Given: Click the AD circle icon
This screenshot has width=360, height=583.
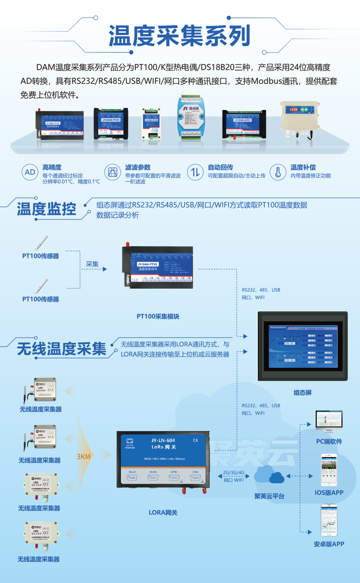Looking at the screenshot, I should (30, 172).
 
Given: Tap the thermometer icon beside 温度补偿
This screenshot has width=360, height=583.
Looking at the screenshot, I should (278, 172).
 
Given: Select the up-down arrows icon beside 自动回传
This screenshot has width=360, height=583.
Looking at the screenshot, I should (195, 172).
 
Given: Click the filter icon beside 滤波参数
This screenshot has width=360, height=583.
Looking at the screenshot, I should (113, 172).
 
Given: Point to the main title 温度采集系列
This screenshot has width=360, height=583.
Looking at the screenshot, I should (180, 36).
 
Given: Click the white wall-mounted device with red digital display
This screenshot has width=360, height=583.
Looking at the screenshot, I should (300, 117).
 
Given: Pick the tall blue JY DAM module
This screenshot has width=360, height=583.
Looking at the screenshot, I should (190, 117).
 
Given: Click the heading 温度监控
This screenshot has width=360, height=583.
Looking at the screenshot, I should (47, 209).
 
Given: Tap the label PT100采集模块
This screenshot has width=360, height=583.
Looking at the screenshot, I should (158, 317).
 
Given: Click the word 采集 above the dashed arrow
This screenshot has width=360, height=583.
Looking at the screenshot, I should (92, 264).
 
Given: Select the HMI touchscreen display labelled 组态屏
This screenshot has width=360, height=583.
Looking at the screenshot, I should (303, 346).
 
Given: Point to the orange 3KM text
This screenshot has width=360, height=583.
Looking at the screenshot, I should (84, 457).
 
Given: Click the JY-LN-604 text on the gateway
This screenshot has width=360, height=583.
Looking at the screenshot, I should (163, 440).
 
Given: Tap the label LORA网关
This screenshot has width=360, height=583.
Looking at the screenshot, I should (163, 512).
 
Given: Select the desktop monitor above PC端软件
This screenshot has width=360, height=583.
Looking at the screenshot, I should (329, 421).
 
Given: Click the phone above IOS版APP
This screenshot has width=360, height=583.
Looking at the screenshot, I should (329, 470).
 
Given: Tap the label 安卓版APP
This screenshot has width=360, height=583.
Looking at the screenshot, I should (329, 544).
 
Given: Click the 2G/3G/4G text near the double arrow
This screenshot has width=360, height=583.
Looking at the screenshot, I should (233, 473).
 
